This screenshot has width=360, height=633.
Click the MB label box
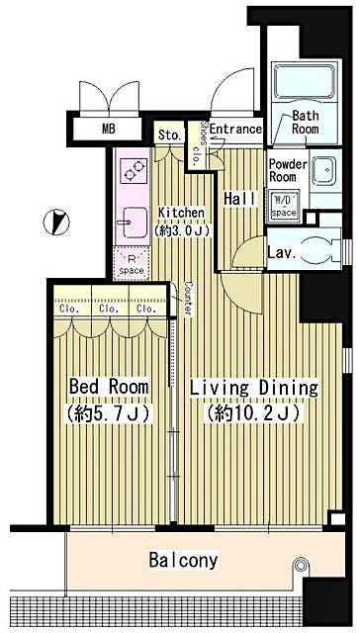click(107, 128)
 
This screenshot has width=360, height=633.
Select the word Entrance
click(235, 130)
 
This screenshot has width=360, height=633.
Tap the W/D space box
click(284, 205)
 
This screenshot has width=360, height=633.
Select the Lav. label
click(282, 253)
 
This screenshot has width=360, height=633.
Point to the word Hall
click(240, 199)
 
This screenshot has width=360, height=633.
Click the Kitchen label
click(181, 219)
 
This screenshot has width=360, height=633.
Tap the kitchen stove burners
click(133, 171)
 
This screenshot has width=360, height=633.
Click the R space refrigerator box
click(132, 264)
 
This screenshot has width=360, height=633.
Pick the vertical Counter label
click(187, 299)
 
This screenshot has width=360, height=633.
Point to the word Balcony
click(183, 561)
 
